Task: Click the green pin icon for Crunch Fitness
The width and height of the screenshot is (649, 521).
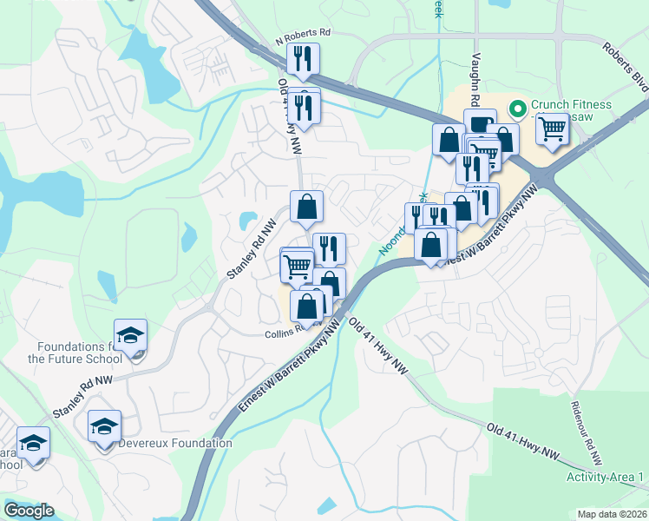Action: click(517, 109)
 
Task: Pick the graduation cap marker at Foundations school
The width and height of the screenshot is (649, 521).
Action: click(130, 335)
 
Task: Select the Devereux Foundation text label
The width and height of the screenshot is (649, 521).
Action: click(175, 443)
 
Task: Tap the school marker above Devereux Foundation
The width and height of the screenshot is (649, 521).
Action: click(104, 426)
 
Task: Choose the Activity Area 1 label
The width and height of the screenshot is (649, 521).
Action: click(605, 478)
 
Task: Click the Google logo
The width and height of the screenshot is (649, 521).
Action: click(29, 511)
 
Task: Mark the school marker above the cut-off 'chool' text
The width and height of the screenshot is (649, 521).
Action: click(33, 443)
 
